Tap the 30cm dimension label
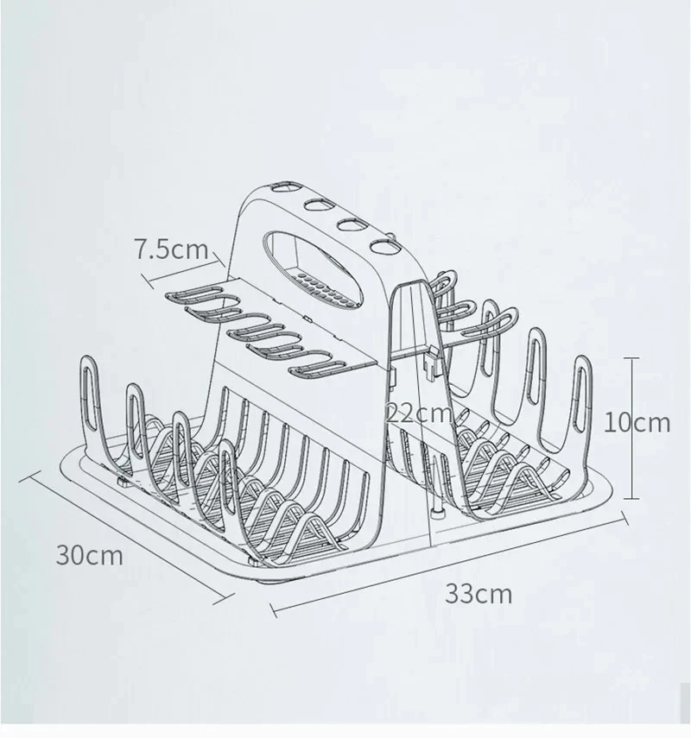(90, 555)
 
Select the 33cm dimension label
(479, 594)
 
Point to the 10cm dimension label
(637, 422)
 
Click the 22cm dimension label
(419, 413)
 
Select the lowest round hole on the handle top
(383, 246)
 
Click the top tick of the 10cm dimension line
(631, 359)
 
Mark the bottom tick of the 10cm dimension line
(631, 498)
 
